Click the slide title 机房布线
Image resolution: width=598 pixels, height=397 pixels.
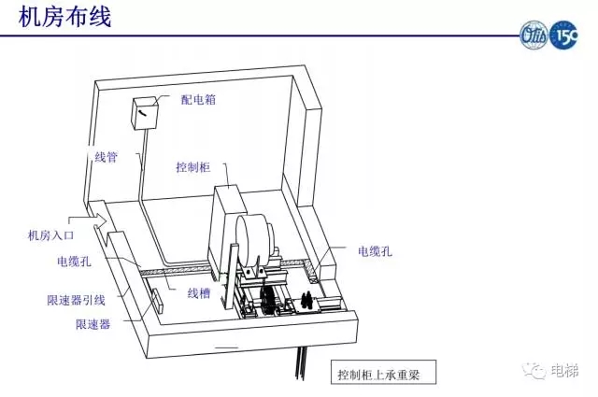(64, 17)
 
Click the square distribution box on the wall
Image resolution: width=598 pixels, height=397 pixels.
(145, 114)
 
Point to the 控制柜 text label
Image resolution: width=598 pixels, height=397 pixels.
(192, 168)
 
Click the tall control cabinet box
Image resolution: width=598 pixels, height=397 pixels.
(225, 229)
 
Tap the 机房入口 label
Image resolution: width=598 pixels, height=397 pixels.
(51, 236)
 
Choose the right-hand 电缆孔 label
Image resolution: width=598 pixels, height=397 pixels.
(374, 251)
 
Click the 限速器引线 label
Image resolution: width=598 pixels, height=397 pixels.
(76, 300)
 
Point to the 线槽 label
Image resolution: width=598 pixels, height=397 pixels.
(198, 293)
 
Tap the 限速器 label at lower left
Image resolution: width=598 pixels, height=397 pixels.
(93, 324)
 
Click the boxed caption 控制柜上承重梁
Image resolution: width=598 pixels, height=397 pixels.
(381, 375)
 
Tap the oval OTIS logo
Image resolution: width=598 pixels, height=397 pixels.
(534, 37)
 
